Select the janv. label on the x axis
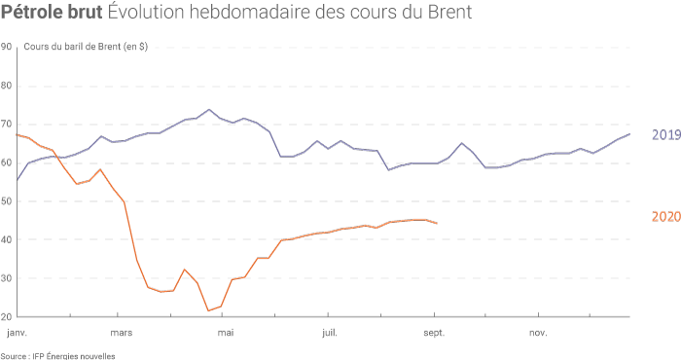pyautogui.click(x=17, y=332)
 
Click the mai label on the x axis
pyautogui.click(x=226, y=332)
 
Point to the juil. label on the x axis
pyautogui.click(x=330, y=332)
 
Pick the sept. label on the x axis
pyautogui.click(x=434, y=332)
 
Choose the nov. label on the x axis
pyautogui.click(x=538, y=332)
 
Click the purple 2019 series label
pyautogui.click(x=665, y=135)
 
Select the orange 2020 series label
pyautogui.click(x=665, y=217)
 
